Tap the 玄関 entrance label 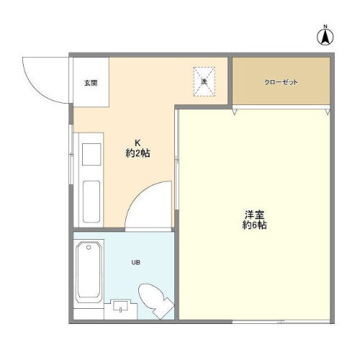tap(89, 83)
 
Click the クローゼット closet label tap(281, 82)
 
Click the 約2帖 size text tap(138, 153)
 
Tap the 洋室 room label tap(254, 214)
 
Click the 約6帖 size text tap(254, 225)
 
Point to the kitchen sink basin tap(91, 156)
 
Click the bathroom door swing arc tap(148, 205)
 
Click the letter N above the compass tap(325, 27)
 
